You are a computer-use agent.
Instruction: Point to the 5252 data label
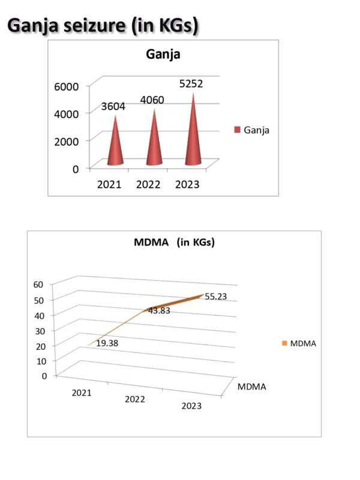[x=191, y=84]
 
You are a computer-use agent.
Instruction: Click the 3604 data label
[x=113, y=106]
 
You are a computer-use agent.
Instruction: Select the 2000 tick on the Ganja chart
[x=67, y=141]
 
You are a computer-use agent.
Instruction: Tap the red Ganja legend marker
[x=237, y=129]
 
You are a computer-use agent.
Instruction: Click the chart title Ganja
[x=163, y=55]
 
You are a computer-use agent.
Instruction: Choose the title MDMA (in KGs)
[x=173, y=243]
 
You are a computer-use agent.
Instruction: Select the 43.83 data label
[x=159, y=310]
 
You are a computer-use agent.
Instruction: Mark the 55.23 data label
[x=215, y=296]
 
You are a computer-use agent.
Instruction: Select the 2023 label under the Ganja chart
[x=187, y=184]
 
